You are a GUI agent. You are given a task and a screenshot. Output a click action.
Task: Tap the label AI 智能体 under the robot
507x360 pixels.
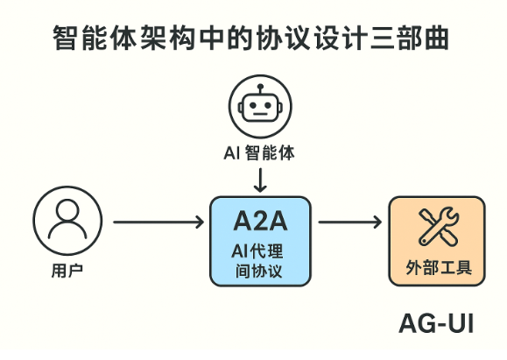pos(258,152)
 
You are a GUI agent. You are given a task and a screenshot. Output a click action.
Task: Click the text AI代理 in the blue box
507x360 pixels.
pos(259,251)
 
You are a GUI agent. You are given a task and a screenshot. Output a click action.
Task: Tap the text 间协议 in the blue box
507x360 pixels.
pos(259,272)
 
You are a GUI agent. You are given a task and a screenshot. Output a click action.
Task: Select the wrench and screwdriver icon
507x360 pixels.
pos(435,227)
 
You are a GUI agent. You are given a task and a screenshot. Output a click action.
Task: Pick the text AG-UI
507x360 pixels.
pos(435,323)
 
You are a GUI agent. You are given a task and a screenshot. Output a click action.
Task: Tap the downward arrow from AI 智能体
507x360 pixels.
pos(259,178)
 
